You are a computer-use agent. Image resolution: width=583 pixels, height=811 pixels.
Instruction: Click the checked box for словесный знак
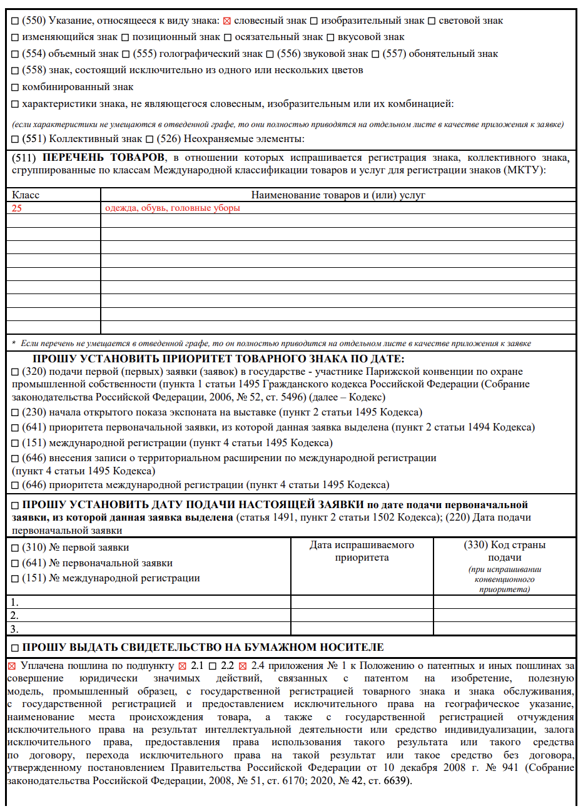227,21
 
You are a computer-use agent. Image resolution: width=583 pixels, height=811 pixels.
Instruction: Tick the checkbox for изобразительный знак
314,21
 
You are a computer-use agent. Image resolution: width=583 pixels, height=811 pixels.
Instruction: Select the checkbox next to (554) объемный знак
16,54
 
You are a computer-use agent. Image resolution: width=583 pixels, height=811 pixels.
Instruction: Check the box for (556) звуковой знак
270,54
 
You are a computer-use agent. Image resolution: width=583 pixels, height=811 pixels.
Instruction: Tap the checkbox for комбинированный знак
16,88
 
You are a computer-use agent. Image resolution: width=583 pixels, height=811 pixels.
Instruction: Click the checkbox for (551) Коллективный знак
16,139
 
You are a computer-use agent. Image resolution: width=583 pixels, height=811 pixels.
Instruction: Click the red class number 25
17,208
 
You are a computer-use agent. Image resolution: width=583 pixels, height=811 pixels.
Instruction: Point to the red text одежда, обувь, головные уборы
173,208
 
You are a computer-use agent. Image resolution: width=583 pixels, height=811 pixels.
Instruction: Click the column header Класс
26,195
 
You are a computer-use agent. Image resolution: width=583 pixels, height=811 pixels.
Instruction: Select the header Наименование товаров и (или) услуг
338,195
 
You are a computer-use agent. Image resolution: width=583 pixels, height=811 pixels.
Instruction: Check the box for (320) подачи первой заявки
16,372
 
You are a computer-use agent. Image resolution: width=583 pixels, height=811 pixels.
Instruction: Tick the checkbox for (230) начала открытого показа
16,413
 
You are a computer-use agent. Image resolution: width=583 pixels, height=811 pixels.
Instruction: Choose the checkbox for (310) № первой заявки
16,548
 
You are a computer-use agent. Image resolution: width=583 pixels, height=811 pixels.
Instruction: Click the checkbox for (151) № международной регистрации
16,579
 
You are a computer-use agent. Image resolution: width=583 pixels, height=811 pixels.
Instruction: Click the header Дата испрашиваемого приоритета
362,551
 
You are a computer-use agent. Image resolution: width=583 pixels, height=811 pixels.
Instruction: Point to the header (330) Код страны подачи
504,551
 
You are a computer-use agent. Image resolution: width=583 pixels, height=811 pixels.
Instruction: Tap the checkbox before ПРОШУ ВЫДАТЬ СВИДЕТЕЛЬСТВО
16,648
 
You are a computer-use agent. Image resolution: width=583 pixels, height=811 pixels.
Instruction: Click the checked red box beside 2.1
183,666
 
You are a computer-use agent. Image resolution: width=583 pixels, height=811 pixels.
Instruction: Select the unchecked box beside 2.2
213,666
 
